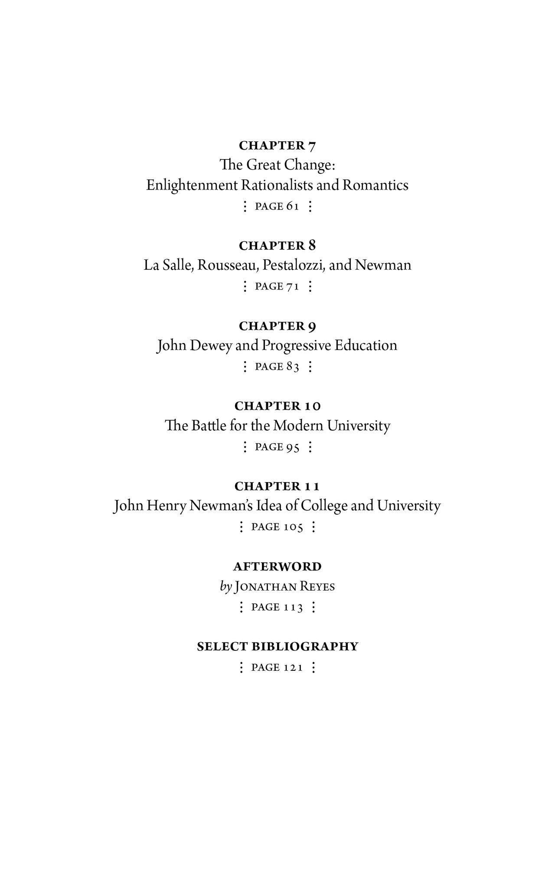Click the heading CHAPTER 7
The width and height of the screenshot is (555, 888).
click(277, 146)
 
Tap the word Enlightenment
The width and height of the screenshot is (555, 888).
click(192, 186)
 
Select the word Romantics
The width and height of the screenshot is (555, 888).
click(375, 186)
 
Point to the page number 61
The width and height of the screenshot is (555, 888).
click(293, 206)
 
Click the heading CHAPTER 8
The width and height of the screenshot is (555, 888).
click(277, 246)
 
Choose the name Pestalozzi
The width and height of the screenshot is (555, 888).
click(294, 265)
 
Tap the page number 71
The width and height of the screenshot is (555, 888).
click(293, 287)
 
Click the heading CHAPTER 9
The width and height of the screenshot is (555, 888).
click(277, 326)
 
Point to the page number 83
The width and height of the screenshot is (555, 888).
click(293, 367)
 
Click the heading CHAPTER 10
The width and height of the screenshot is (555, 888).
click(277, 406)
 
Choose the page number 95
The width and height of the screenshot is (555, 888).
click(293, 447)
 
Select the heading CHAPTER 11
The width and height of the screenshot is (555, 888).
click(277, 486)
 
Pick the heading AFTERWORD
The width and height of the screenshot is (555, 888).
click(277, 567)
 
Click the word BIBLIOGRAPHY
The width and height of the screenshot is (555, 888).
click(305, 646)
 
